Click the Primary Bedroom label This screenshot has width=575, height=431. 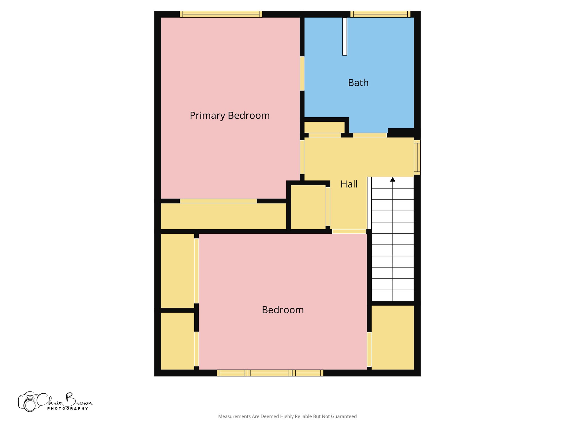click(x=230, y=115)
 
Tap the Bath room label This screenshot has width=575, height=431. click(x=358, y=83)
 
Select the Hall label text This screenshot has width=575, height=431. click(x=349, y=184)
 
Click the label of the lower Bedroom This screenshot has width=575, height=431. click(x=283, y=310)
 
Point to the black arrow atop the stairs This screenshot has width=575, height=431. click(x=393, y=180)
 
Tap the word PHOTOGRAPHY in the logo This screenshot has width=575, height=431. click(x=67, y=409)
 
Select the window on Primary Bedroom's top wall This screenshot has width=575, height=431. click(x=221, y=14)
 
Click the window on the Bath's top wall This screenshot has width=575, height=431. click(x=380, y=14)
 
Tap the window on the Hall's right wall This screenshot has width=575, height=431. click(x=417, y=157)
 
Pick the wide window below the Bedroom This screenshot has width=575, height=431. click(x=270, y=373)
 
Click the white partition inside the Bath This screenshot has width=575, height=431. click(x=344, y=36)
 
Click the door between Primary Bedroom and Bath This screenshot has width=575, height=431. click(x=302, y=74)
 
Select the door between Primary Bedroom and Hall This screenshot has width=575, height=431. click(x=302, y=157)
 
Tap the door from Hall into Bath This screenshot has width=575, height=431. click(x=369, y=135)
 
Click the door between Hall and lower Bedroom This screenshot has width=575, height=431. click(x=349, y=231)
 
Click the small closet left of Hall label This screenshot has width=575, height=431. click(x=308, y=207)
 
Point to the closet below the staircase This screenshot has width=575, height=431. click(x=393, y=337)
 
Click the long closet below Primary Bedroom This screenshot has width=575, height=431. click(x=223, y=216)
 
